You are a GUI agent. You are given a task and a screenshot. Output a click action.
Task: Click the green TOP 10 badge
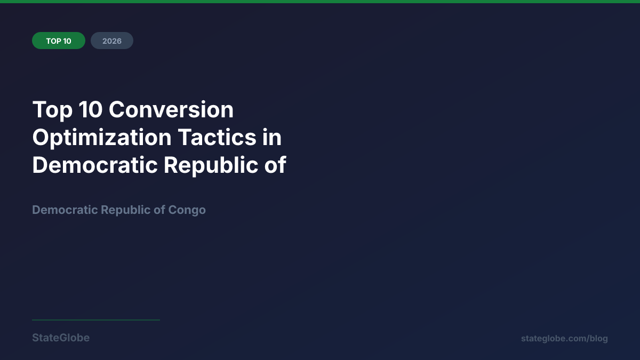pyautogui.click(x=59, y=41)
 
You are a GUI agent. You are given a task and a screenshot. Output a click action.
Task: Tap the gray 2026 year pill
pyautogui.click(x=112, y=41)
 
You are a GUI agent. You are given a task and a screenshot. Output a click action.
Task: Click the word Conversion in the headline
pyautogui.click(x=171, y=110)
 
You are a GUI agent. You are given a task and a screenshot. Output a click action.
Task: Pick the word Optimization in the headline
pyautogui.click(x=102, y=138)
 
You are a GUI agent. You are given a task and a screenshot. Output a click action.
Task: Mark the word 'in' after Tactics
pyautogui.click(x=271, y=138)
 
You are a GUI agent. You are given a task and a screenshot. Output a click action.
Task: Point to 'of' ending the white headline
pyautogui.click(x=277, y=165)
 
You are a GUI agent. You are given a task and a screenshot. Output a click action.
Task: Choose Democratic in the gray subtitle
pyautogui.click(x=65, y=210)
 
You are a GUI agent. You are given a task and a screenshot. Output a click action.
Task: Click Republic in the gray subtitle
pyautogui.click(x=126, y=210)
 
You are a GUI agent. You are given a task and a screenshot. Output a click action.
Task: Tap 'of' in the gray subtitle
pyautogui.click(x=159, y=210)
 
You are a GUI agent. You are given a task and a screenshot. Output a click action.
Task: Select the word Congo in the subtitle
pyautogui.click(x=187, y=210)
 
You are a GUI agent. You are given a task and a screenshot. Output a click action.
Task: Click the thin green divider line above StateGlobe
pyautogui.click(x=96, y=320)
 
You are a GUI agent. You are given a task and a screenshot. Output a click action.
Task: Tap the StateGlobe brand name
pyautogui.click(x=61, y=338)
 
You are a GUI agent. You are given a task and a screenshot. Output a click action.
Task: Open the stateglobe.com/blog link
pyautogui.click(x=564, y=339)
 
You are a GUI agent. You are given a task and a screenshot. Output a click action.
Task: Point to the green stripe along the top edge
pyautogui.click(x=320, y=2)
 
